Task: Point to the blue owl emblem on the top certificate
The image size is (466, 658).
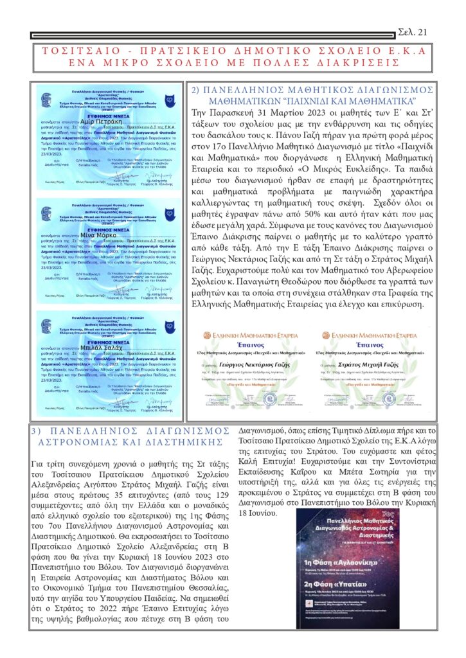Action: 168,100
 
